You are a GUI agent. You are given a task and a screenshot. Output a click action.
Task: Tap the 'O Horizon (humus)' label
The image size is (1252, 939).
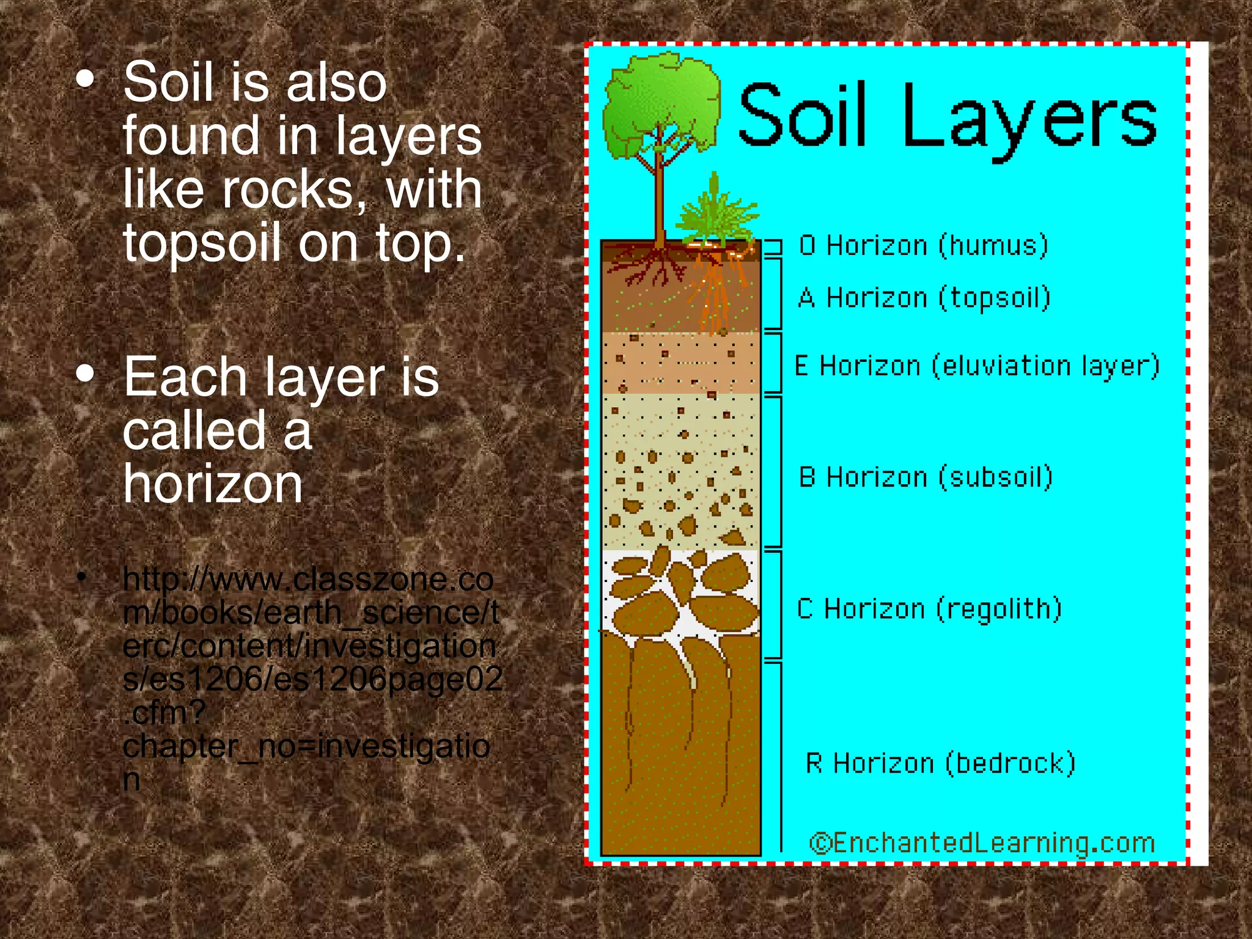(923, 246)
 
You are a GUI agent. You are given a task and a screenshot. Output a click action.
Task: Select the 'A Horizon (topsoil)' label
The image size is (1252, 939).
(924, 298)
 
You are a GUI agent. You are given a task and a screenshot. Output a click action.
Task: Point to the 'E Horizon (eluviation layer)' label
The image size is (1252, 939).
(976, 366)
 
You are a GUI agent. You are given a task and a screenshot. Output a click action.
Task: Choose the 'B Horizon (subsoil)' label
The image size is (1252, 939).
(926, 477)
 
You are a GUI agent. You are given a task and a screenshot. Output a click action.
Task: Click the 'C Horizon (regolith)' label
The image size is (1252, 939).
(929, 609)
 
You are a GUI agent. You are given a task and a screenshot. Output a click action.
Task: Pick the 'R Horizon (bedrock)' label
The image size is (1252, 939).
(940, 764)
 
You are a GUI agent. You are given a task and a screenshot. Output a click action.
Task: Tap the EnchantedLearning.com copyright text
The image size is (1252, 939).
(982, 843)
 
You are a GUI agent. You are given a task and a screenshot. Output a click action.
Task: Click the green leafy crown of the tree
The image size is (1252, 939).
(660, 104)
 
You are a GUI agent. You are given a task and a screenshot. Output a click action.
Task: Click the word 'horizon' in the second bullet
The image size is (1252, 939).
(213, 484)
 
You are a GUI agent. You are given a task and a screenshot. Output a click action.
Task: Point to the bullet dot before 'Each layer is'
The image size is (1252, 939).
(86, 374)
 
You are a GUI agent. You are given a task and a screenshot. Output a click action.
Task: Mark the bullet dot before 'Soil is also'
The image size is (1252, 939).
(86, 79)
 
